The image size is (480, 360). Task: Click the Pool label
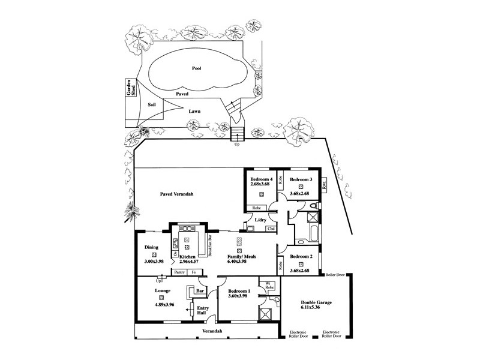(196, 68)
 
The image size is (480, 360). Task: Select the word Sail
(152, 104)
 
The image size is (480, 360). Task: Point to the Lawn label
(194, 112)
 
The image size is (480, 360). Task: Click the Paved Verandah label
(179, 195)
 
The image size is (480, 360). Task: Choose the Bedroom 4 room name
(262, 179)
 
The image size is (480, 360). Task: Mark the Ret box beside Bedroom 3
(324, 185)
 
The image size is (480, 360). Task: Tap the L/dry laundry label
(260, 220)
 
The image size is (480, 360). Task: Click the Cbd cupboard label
(271, 229)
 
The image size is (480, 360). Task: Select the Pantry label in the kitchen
(179, 272)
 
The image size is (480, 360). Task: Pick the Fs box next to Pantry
(193, 272)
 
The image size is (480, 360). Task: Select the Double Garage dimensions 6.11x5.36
(314, 308)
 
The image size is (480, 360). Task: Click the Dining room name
(151, 247)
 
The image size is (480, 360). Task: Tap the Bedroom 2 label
(301, 256)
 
